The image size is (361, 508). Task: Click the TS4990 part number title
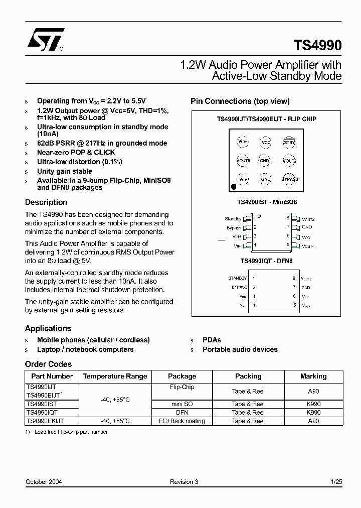click(317, 45)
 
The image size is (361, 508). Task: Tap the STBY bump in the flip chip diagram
click(289, 143)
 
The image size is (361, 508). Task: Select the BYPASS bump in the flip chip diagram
click(289, 179)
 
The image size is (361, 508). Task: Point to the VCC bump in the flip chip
click(266, 143)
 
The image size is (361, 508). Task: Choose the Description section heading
click(46, 202)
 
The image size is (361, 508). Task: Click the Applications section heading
click(48, 328)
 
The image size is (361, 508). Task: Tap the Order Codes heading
click(48, 364)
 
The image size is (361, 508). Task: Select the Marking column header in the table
click(313, 376)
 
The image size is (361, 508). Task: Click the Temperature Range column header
click(115, 376)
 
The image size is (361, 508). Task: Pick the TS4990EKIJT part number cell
click(45, 421)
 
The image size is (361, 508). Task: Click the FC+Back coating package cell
click(182, 421)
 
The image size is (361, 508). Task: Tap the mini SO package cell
click(182, 404)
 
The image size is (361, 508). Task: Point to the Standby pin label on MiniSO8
click(233, 219)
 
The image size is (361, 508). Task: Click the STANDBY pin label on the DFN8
click(237, 278)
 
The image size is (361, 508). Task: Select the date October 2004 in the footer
click(44, 482)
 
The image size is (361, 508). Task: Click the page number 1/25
click(336, 482)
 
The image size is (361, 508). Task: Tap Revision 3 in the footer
click(184, 482)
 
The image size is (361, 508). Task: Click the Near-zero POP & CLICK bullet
click(76, 152)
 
